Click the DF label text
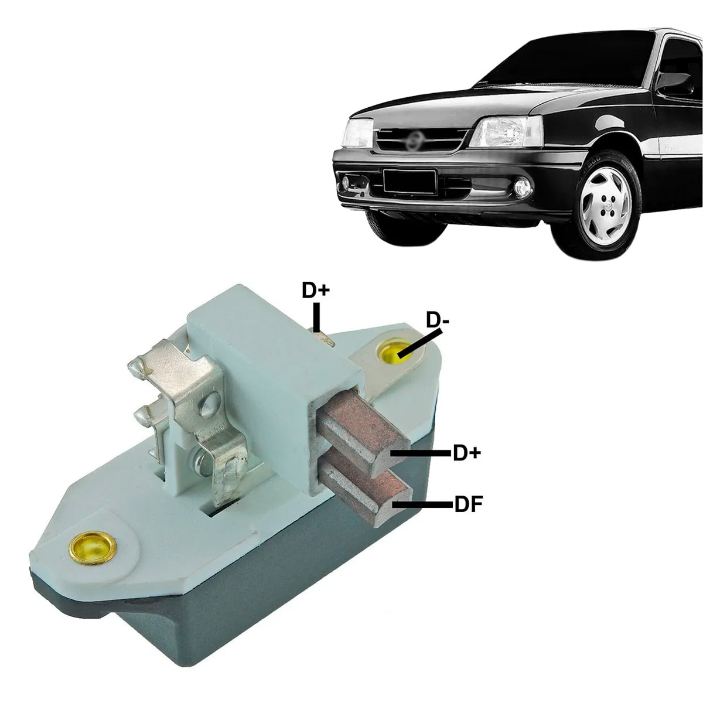(469, 504)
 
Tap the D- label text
(438, 320)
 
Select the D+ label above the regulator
(316, 290)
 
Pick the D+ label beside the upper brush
(467, 453)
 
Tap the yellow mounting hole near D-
(393, 351)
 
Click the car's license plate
(409, 180)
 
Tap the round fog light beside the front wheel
(522, 188)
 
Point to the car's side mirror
(674, 84)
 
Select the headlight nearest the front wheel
(505, 131)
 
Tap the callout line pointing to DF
(422, 504)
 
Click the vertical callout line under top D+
(317, 316)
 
